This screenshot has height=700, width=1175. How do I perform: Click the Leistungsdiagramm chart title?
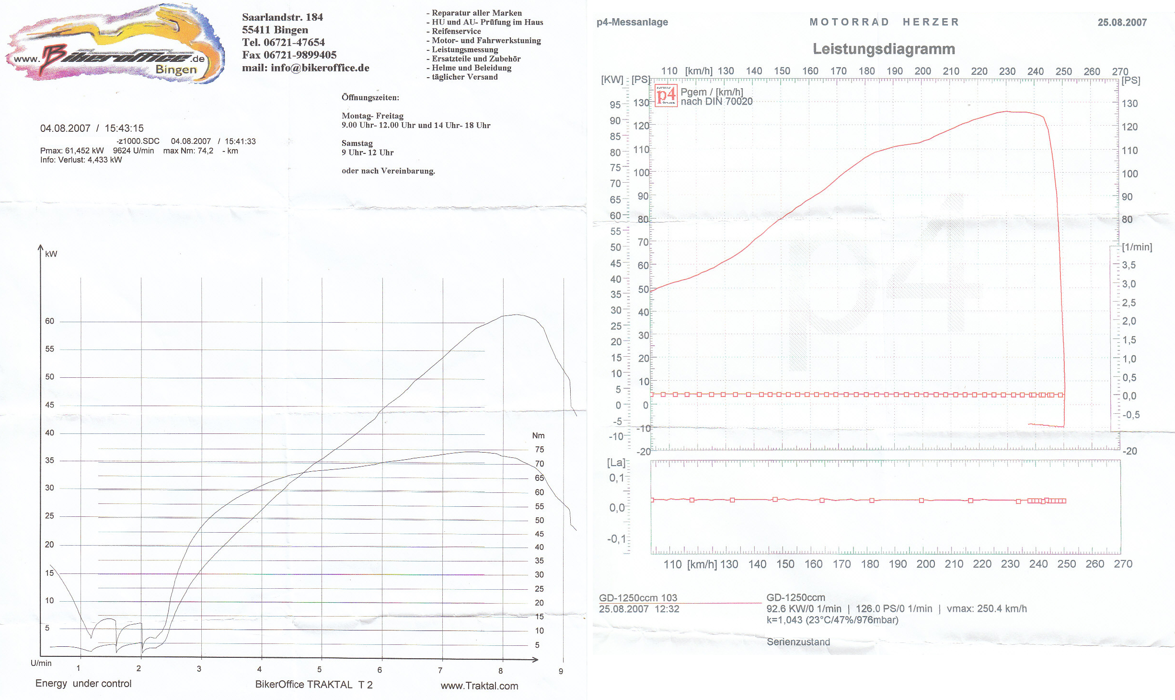(884, 49)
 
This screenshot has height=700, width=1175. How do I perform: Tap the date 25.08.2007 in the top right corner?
(1122, 23)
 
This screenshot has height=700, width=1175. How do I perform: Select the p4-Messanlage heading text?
(632, 22)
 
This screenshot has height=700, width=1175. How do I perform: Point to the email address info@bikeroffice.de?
(320, 68)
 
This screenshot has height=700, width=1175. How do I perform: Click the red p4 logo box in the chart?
(666, 95)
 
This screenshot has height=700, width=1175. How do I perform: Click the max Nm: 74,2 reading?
(188, 151)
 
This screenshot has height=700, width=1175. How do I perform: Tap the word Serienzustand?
(798, 642)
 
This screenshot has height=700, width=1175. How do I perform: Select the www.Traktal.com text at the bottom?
(479, 686)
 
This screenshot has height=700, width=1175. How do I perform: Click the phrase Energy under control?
(83, 683)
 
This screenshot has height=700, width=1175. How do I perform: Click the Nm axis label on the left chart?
(538, 435)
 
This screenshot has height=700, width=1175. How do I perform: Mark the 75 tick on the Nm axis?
(540, 449)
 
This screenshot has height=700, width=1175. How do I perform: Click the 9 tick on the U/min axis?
(561, 671)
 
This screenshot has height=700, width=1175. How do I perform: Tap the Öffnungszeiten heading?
(370, 97)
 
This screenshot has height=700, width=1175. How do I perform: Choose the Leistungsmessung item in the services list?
(464, 49)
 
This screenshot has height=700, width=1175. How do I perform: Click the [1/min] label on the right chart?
(1137, 247)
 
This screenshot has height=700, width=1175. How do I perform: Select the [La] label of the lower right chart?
(616, 463)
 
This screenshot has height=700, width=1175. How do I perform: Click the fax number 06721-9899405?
(300, 55)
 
